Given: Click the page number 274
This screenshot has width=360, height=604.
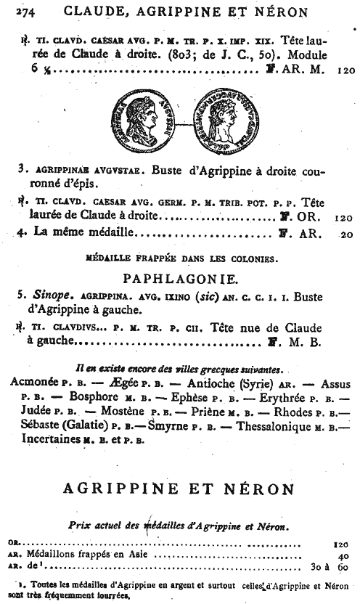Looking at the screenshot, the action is pos(17,11).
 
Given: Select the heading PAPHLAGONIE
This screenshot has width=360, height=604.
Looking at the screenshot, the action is pos(180,278).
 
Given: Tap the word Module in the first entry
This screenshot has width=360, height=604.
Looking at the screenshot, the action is pos(307,57).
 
